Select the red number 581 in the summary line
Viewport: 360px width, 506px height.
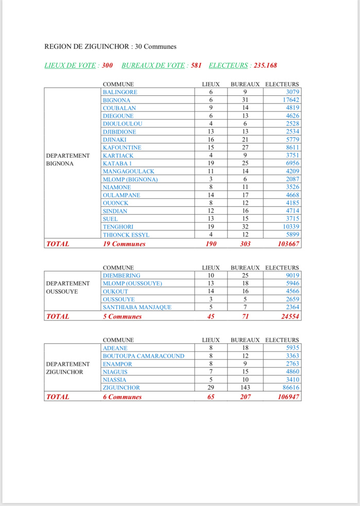[196, 65]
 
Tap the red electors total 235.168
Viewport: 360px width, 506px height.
[265, 65]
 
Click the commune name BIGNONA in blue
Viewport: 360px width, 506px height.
[116, 100]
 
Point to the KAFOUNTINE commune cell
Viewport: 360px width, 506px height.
[122, 147]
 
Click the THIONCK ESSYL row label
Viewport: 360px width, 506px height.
[126, 235]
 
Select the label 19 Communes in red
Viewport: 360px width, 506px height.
[124, 244]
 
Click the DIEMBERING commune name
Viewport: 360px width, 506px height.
[121, 276]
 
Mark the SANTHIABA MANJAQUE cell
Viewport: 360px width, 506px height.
[136, 307]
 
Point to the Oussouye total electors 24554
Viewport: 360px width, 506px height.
[290, 316]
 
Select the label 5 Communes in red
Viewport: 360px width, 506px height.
[122, 316]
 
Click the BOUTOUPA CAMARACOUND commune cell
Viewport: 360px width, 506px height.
[143, 356]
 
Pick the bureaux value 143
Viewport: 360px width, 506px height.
[245, 387]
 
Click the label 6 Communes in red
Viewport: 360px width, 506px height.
[122, 397]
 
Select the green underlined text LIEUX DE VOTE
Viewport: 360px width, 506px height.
[71, 65]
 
